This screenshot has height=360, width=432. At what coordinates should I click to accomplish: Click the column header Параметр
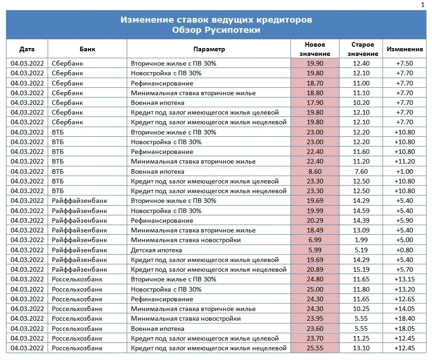(x=209, y=49)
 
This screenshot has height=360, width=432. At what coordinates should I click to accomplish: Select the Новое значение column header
(x=315, y=49)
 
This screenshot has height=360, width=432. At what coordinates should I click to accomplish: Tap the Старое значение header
(x=363, y=49)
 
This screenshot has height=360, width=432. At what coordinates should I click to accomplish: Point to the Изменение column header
(x=405, y=49)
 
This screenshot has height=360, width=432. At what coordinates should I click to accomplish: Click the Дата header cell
(x=27, y=49)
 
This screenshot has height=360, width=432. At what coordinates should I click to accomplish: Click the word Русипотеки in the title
(x=232, y=30)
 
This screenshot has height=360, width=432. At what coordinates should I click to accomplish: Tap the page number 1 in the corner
(x=423, y=5)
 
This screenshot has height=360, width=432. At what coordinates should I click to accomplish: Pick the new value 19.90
(x=315, y=63)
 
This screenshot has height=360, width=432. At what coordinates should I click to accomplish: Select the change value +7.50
(x=405, y=63)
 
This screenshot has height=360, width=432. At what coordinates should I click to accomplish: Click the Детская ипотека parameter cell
(x=156, y=250)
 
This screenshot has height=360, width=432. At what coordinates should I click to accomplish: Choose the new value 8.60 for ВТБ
(x=315, y=171)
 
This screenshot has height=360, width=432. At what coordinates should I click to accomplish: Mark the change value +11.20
(x=405, y=161)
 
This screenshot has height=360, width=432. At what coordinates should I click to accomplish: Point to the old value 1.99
(x=361, y=240)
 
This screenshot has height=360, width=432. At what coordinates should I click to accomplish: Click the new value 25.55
(x=315, y=348)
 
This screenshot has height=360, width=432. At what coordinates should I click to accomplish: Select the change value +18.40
(x=405, y=319)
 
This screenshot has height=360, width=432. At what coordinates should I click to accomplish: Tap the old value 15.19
(x=361, y=269)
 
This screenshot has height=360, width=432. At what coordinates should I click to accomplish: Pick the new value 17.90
(x=315, y=103)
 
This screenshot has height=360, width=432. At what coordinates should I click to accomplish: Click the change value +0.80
(x=405, y=250)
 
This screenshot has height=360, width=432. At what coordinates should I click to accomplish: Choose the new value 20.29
(x=315, y=220)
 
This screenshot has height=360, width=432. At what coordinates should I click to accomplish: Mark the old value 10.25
(x=361, y=309)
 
